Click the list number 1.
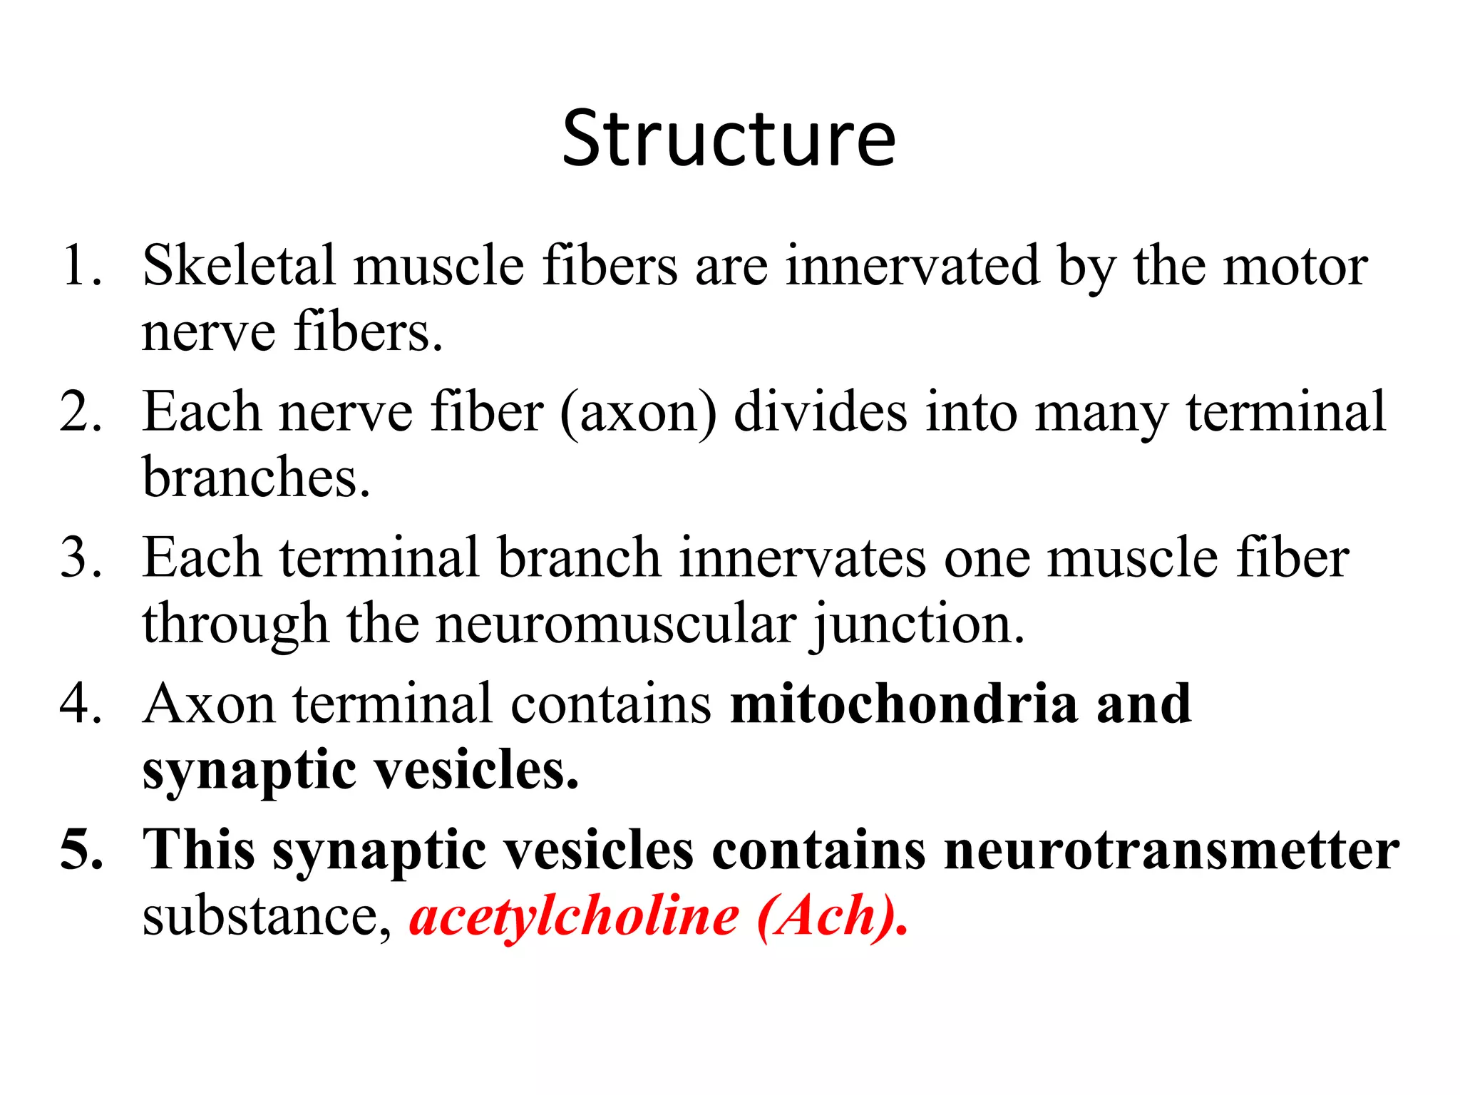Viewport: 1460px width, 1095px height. pyautogui.click(x=80, y=266)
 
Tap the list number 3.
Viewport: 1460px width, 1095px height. pyautogui.click(x=80, y=558)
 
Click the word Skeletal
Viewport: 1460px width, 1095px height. pyautogui.click(x=239, y=266)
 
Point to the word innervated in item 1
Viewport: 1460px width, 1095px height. pyautogui.click(x=912, y=266)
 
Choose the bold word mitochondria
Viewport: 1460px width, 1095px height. pyautogui.click(x=904, y=704)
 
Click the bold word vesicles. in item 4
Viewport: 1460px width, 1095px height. pyautogui.click(x=477, y=770)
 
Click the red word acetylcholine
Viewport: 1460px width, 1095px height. pyautogui.click(x=574, y=916)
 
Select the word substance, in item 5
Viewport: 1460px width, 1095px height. pyautogui.click(x=267, y=916)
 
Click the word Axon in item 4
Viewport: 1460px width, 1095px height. pyautogui.click(x=209, y=704)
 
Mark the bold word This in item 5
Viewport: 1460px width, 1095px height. pyautogui.click(x=199, y=850)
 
